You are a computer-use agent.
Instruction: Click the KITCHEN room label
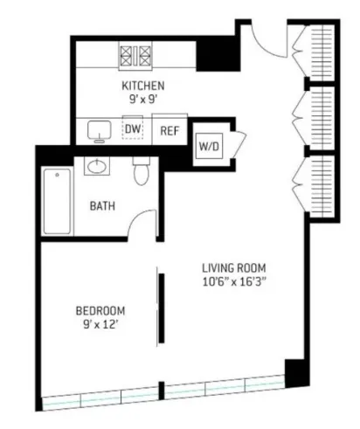[x=143, y=86]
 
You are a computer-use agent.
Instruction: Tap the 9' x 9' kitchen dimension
[x=142, y=100]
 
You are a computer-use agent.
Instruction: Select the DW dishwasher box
[x=133, y=130]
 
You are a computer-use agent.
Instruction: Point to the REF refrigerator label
[x=170, y=131]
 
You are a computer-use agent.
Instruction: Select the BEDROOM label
[x=100, y=311]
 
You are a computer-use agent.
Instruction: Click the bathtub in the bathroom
[x=57, y=201]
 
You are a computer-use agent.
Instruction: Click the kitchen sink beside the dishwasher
[x=100, y=131]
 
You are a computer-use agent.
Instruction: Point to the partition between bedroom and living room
[x=159, y=308]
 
